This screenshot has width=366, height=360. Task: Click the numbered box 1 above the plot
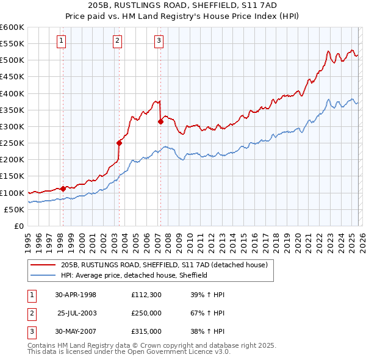[62, 41]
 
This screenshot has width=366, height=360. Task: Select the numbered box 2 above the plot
[117, 41]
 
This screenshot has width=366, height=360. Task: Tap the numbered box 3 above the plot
[159, 41]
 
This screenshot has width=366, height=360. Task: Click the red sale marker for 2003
[120, 143]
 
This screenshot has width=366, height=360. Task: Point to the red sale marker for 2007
[160, 121]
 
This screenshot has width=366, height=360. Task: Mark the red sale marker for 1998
[63, 189]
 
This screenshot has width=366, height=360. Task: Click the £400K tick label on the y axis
[12, 93]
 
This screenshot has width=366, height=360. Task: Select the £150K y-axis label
[12, 176]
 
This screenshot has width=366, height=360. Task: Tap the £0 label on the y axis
[18, 226]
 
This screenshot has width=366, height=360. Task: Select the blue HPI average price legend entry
[134, 275]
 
